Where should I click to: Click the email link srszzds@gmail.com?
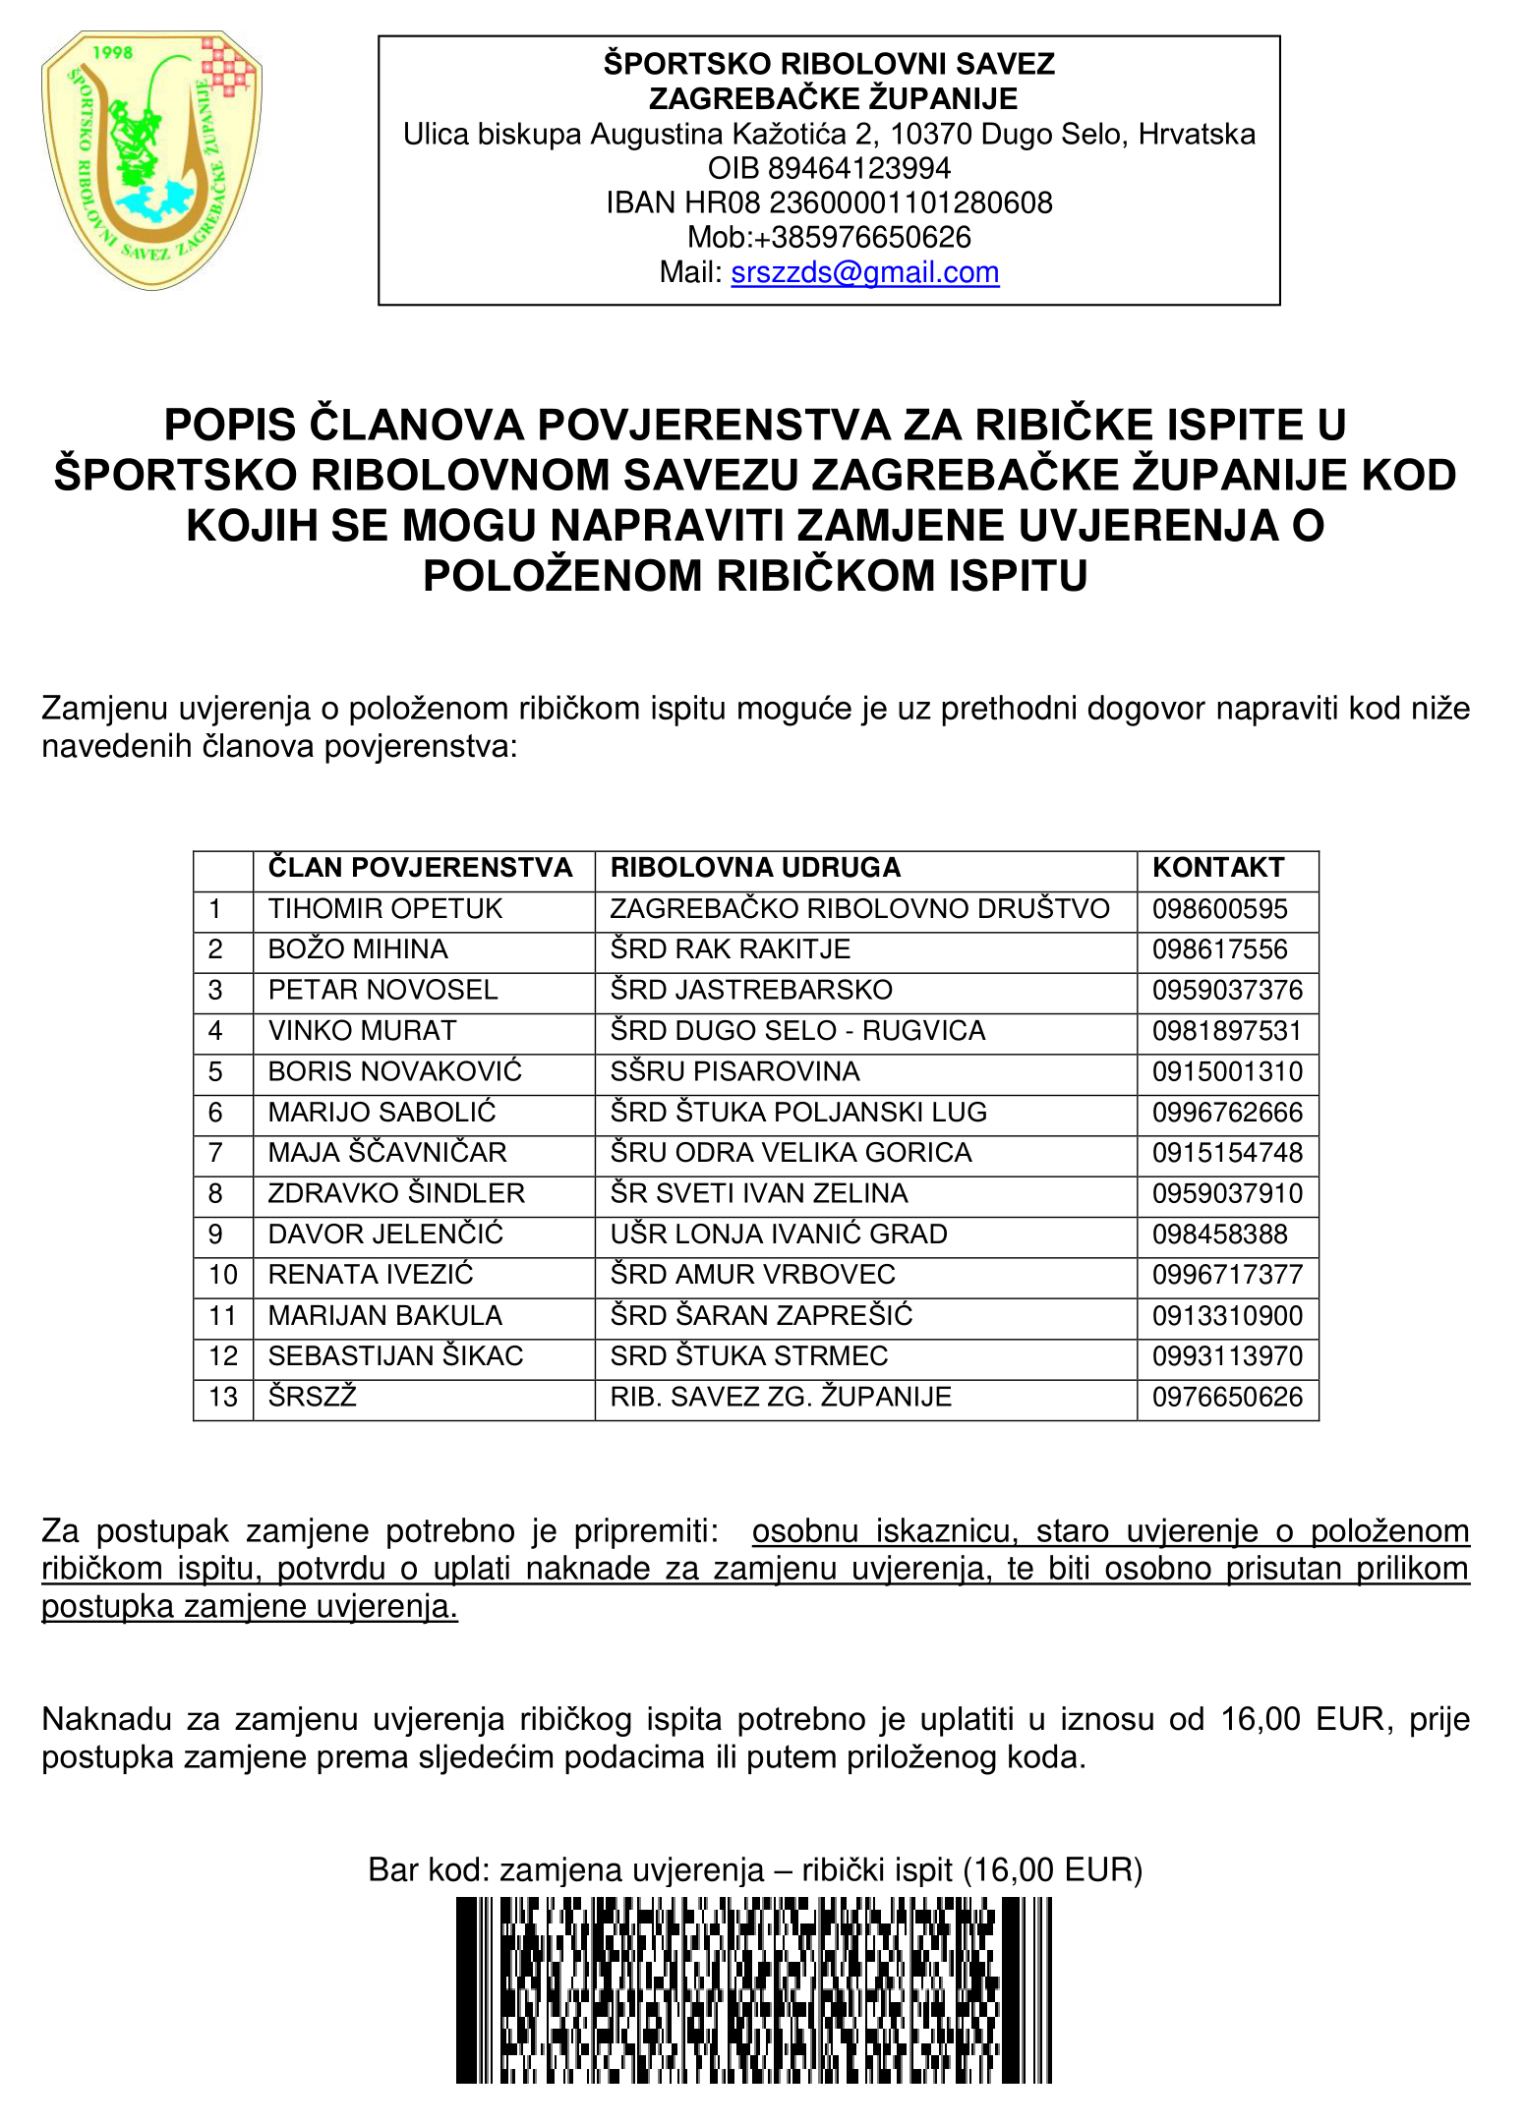click(x=864, y=272)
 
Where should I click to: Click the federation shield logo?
click(x=151, y=160)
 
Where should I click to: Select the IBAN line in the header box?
click(x=829, y=202)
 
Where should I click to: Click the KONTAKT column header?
click(x=1218, y=868)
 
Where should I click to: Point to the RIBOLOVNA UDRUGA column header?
click(x=755, y=868)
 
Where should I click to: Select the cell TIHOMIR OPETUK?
click(x=384, y=909)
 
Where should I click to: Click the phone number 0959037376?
click(x=1227, y=991)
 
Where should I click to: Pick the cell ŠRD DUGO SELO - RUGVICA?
click(x=797, y=1031)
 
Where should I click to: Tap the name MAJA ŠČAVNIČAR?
click(x=387, y=1153)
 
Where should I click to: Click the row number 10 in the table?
click(x=223, y=1275)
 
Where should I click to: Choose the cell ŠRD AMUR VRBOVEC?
click(x=752, y=1275)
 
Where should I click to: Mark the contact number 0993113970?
click(x=1227, y=1356)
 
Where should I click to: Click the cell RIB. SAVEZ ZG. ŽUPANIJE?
click(x=781, y=1397)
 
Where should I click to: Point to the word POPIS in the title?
click(x=229, y=426)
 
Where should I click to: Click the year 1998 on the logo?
click(x=111, y=53)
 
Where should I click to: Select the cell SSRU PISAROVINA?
click(x=734, y=1071)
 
